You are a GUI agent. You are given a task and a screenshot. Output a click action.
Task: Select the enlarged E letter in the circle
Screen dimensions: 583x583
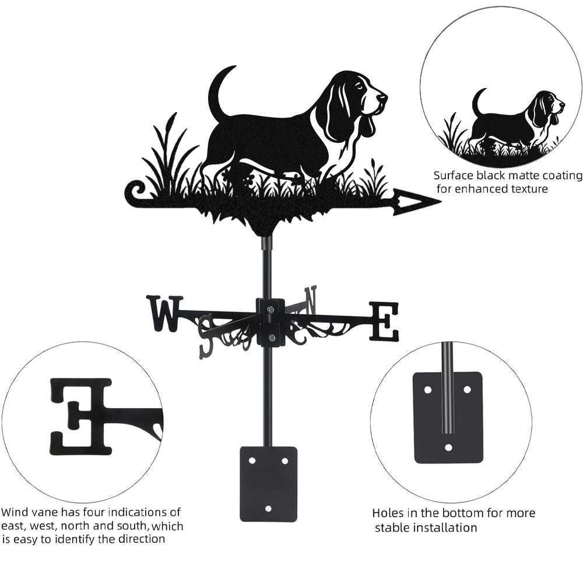tap(80, 417)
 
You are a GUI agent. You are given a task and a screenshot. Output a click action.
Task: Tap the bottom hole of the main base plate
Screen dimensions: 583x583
tap(268, 508)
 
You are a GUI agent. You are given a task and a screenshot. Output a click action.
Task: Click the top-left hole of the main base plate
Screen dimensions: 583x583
tap(252, 461)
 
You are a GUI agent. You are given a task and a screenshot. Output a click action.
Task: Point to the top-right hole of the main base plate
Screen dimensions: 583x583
tap(285, 461)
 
